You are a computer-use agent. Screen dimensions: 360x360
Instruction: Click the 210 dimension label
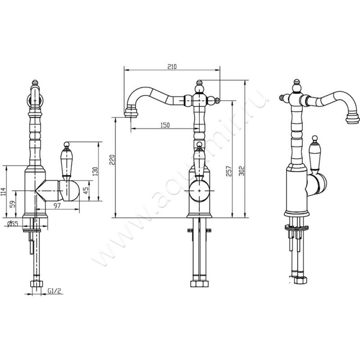coord(172,67)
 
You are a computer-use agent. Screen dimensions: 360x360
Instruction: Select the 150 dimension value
coord(165,125)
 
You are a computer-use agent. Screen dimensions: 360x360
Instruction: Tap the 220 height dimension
coord(112,160)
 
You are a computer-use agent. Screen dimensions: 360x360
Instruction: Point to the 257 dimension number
coord(229,171)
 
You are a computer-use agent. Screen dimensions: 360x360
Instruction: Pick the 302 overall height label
coord(242,171)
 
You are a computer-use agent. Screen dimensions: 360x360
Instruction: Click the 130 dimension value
coord(95,171)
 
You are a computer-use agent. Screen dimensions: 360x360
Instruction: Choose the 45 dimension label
coord(85,190)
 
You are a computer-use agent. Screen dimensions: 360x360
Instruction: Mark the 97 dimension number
coord(57,206)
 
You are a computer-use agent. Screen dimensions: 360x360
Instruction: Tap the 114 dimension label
coord(3,192)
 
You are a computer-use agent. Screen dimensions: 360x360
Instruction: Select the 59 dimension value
coord(13,204)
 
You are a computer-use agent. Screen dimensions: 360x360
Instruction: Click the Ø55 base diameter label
coord(13,224)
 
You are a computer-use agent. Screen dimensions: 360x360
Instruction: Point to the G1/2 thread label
coord(54,291)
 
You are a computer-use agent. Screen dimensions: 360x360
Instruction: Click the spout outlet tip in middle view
coord(131,113)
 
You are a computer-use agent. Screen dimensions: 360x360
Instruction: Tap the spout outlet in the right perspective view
coord(352,118)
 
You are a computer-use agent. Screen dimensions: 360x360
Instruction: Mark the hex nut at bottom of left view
coord(36,284)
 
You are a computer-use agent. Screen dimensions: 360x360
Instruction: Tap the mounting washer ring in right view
coord(297,228)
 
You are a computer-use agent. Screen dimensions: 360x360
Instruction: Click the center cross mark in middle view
coord(199,191)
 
